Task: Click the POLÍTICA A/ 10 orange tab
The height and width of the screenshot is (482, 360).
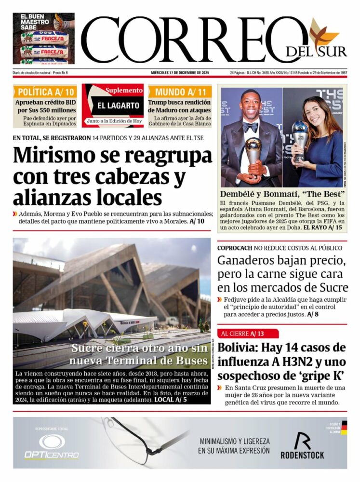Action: [44, 92]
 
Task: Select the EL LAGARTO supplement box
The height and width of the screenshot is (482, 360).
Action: [113, 105]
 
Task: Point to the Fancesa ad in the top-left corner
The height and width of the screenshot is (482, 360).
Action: [43, 39]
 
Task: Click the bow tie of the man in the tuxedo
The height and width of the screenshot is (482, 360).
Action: [250, 127]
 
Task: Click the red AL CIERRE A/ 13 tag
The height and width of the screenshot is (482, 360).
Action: [248, 334]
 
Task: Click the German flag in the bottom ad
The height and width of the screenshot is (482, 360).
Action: [344, 427]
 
